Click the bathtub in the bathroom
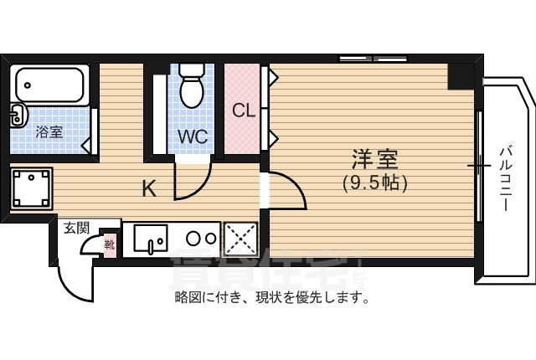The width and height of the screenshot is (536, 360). click(x=51, y=85)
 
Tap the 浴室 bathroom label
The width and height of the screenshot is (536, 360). click(x=49, y=131)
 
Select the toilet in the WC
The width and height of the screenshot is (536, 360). click(x=193, y=90)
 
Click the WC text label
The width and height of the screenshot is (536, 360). click(x=192, y=136)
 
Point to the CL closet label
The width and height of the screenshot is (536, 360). click(x=244, y=111)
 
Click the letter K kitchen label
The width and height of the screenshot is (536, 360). click(x=148, y=189)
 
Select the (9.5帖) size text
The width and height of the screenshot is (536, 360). click(x=374, y=183)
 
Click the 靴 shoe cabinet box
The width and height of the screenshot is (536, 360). click(x=109, y=244)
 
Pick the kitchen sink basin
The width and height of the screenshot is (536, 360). click(x=151, y=240)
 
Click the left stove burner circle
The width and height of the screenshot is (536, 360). click(x=191, y=237)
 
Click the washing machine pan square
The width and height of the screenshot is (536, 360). click(x=32, y=188)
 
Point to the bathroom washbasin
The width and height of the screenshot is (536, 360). click(x=16, y=116)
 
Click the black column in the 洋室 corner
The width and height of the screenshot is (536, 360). click(x=460, y=75)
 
